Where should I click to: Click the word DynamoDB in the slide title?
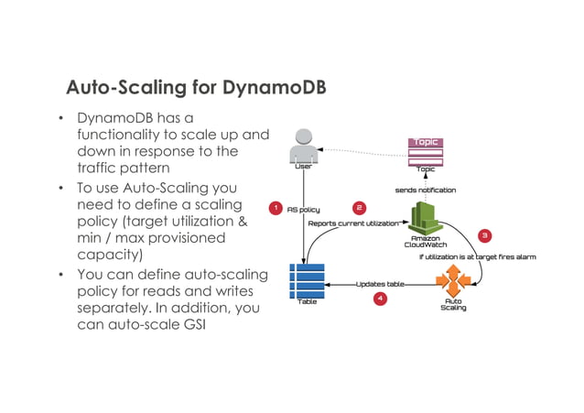point(272,88)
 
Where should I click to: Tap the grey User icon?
point(302,147)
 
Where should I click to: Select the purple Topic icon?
point(426,148)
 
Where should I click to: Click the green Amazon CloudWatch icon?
point(426,217)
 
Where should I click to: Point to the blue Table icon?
point(307,279)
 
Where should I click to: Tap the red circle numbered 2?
point(360,208)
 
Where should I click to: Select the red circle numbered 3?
point(485,235)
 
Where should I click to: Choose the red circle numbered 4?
point(381,299)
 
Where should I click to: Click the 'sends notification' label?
point(425,190)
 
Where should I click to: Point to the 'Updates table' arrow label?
point(379,284)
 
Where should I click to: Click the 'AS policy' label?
point(303,210)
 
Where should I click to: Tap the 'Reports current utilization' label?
point(353,223)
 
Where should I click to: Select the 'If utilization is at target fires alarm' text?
point(477,257)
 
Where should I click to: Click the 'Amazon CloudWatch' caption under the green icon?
point(425,241)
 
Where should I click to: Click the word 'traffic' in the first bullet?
point(101,168)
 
